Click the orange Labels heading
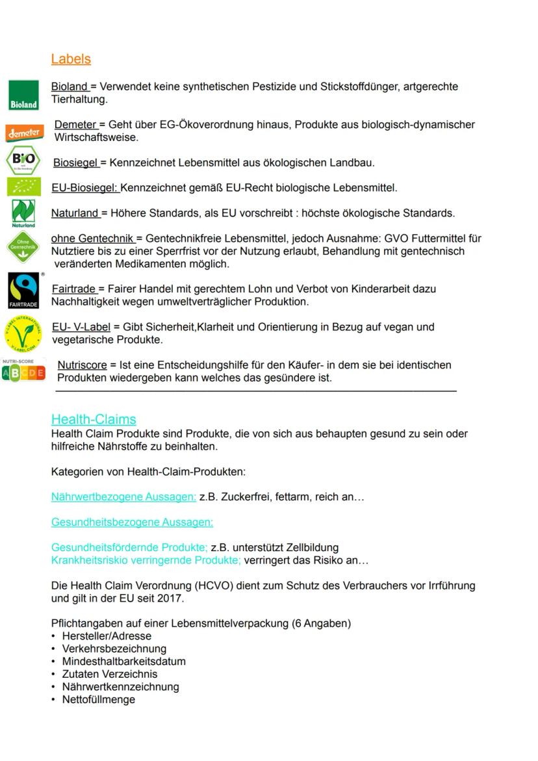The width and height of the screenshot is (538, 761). (71, 59)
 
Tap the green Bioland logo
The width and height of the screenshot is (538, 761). (23, 95)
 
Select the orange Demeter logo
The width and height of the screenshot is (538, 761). (25, 133)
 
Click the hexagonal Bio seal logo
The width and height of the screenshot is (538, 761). (23, 161)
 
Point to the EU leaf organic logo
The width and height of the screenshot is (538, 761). (23, 187)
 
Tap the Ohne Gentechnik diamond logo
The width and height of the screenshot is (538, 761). (23, 247)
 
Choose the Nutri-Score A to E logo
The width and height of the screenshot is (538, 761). (23, 371)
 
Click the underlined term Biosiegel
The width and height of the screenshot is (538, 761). (75, 162)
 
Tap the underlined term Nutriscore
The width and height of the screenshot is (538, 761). (82, 365)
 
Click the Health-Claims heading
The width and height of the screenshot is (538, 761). (94, 419)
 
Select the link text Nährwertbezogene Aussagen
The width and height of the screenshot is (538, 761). (123, 497)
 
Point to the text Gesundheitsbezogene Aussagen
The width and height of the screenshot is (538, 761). (132, 522)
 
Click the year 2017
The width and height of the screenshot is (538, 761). (172, 599)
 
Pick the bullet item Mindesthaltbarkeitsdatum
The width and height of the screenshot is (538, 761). (123, 662)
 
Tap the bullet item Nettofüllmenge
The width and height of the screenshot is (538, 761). (99, 700)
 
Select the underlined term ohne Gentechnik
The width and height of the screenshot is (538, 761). (92, 239)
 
